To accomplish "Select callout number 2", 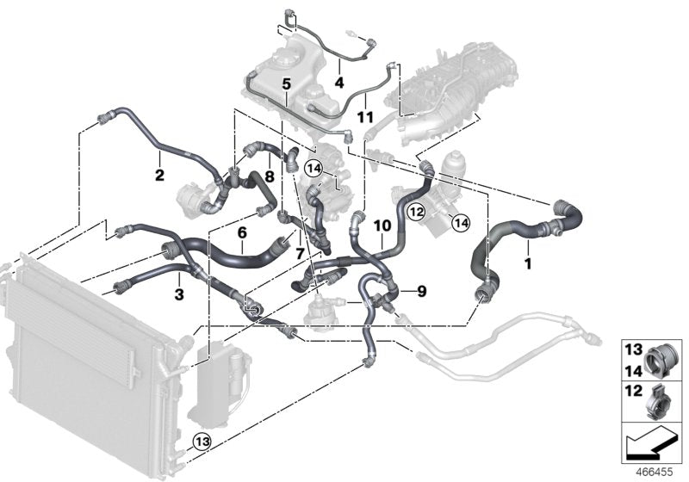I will (x=159, y=176).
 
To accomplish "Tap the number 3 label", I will (x=178, y=295).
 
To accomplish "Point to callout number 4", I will (x=339, y=83).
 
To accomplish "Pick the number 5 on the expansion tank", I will (x=286, y=83).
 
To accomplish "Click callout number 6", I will (x=242, y=232).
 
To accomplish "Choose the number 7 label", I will (x=299, y=254).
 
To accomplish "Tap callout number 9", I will (x=421, y=292).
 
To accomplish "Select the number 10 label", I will (x=382, y=226).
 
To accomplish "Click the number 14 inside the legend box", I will (x=632, y=371).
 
